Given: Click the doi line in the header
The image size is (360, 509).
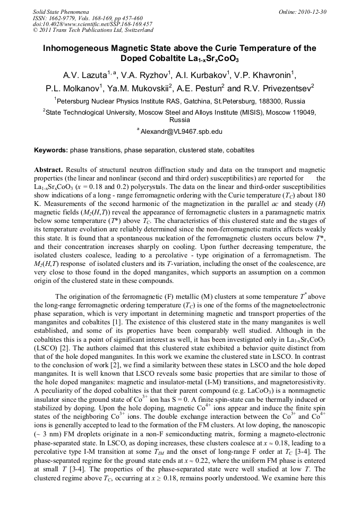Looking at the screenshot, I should click(x=92, y=24).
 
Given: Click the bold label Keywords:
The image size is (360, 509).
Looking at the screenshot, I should click(x=50, y=150).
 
